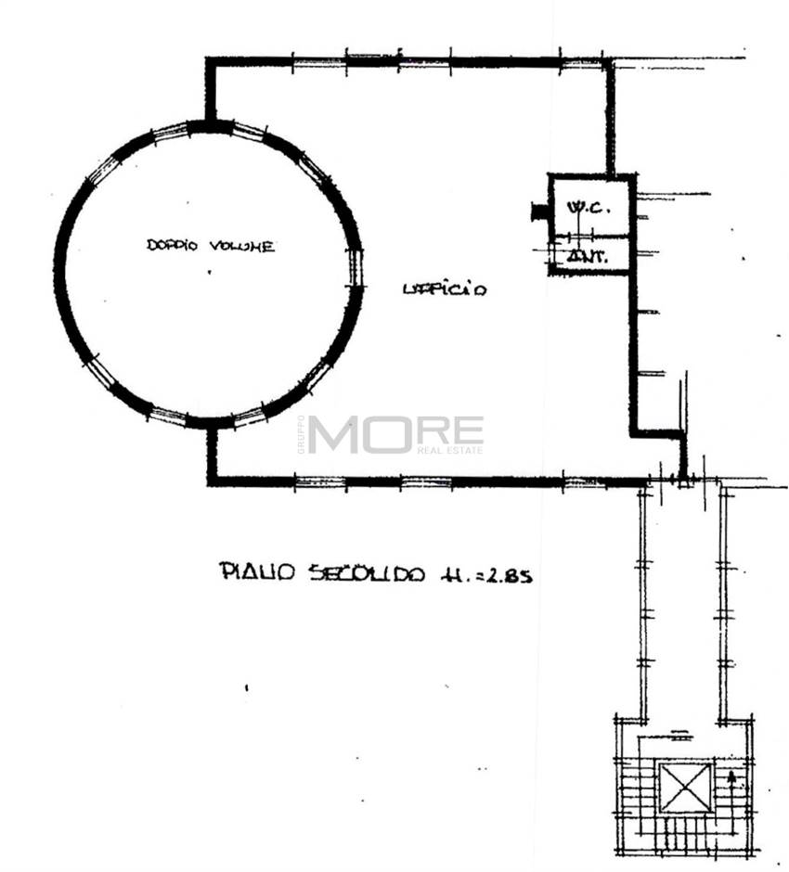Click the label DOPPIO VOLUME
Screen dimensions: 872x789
[210, 246]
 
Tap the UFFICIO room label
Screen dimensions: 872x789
[445, 289]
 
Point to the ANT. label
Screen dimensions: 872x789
[588, 257]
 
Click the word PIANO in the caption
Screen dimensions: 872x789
[256, 572]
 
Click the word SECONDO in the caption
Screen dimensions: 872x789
[367, 573]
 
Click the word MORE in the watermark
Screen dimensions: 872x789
[395, 433]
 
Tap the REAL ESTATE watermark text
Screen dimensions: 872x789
[450, 451]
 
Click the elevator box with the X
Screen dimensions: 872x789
[686, 788]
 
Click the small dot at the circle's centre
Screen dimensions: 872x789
[209, 273]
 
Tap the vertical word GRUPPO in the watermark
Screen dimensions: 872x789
[301, 434]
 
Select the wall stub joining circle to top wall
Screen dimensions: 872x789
[211, 91]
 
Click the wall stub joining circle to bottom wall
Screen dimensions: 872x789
[212, 453]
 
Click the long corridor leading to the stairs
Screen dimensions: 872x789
[682, 603]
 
